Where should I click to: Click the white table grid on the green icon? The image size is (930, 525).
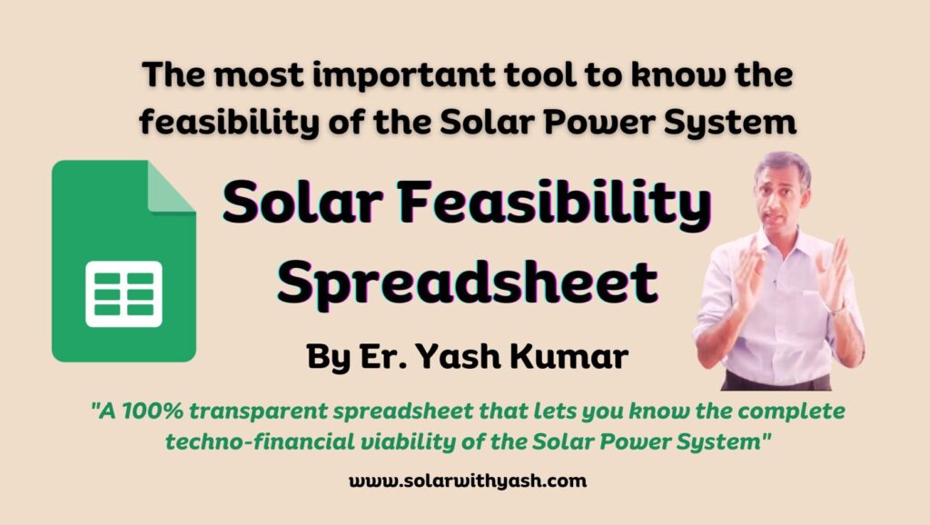pos(124,293)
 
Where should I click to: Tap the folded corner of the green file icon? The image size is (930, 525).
pos(172,186)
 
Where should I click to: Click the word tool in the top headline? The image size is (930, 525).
pos(516,76)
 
